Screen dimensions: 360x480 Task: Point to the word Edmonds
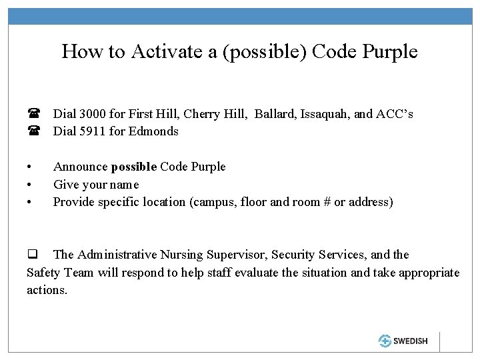point(156,131)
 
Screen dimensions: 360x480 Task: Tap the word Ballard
point(276,114)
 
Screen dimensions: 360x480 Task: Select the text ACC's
point(396,114)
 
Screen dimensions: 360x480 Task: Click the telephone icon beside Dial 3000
point(32,115)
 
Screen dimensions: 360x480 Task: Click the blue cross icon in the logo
point(385,341)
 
